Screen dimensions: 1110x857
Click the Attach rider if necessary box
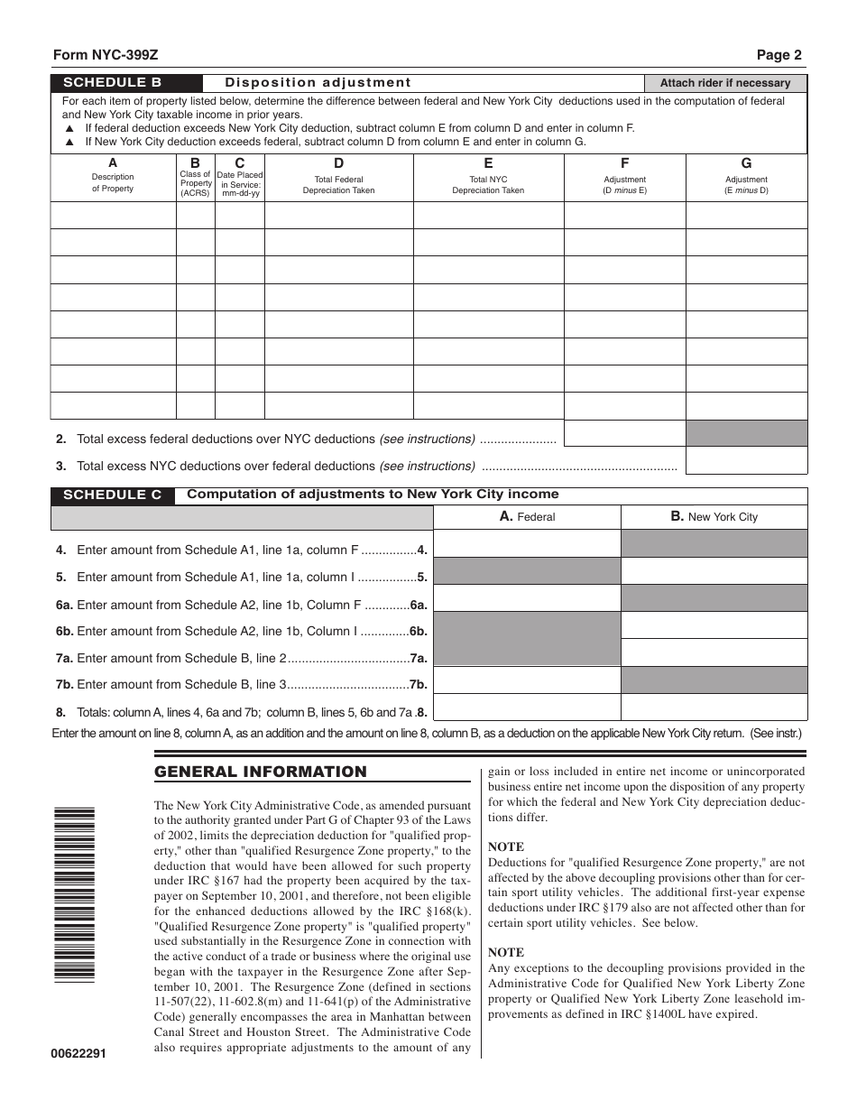(725, 83)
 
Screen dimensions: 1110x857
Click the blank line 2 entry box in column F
(624, 433)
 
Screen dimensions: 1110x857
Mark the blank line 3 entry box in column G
(746, 461)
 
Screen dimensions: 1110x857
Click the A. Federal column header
(528, 517)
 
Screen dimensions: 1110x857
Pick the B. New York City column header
(714, 517)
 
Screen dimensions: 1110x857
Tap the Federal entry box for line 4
(528, 543)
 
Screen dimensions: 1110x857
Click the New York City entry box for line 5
(714, 571)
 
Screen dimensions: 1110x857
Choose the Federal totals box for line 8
(528, 707)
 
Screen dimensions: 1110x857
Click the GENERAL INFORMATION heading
(261, 772)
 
